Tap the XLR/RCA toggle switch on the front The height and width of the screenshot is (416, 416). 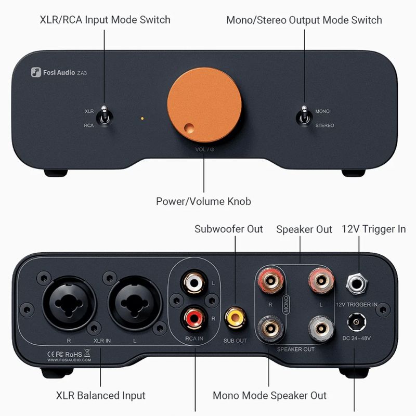click(104, 115)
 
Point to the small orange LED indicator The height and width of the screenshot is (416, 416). click(142, 119)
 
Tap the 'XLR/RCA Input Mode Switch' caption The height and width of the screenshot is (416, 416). click(105, 20)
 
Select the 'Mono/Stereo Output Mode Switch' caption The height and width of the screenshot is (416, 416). click(304, 20)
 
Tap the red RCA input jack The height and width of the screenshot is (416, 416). click(191, 315)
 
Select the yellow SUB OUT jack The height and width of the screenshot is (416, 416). click(235, 315)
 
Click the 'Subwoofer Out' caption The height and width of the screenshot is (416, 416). click(229, 229)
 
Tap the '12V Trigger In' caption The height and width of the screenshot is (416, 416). click(373, 229)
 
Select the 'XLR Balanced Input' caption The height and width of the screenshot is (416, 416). click(100, 395)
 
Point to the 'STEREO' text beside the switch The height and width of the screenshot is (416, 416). click(325, 126)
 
